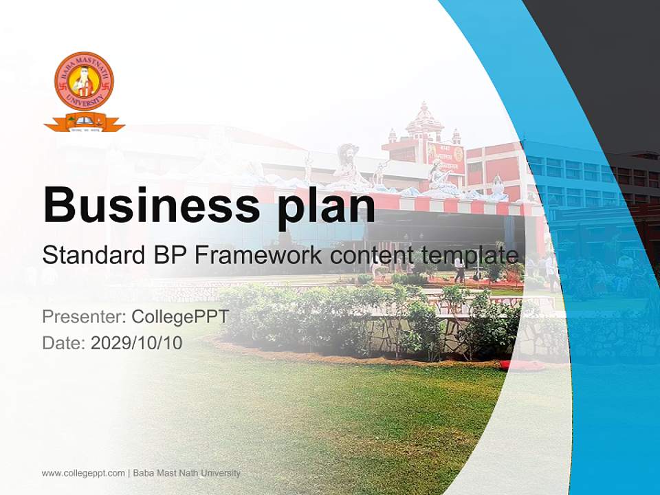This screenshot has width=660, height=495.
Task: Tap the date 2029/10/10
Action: tap(137, 343)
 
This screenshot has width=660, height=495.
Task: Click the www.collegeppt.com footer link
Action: tap(83, 473)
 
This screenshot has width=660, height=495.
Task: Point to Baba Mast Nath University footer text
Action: tap(186, 473)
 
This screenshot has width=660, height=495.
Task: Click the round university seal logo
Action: tap(84, 81)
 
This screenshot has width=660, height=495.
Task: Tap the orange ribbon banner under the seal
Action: tap(84, 124)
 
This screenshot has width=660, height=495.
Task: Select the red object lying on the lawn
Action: tap(512, 364)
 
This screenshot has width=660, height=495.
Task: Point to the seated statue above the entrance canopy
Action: tap(348, 168)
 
